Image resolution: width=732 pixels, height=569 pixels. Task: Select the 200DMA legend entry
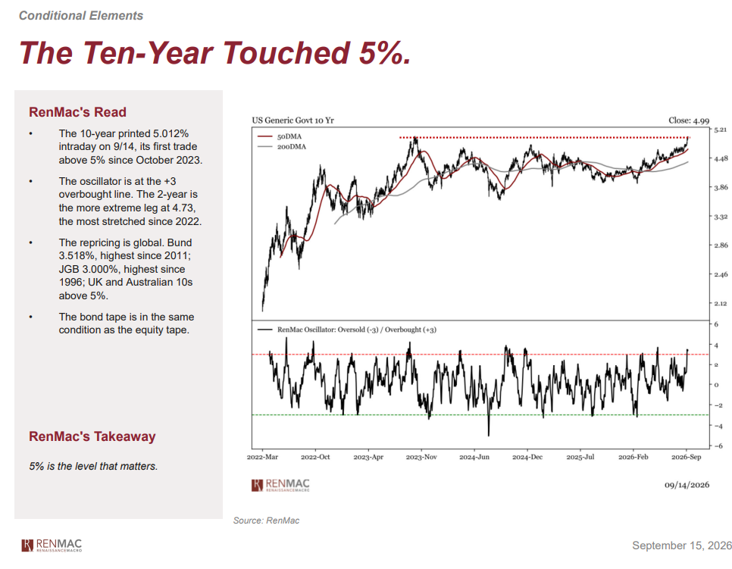(x=282, y=146)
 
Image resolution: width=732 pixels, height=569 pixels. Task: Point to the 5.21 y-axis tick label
(x=721, y=130)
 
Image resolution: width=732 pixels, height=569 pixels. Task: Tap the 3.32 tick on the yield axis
(x=721, y=217)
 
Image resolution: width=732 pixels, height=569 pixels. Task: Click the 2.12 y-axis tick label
(x=721, y=303)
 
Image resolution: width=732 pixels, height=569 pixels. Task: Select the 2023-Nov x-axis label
(x=421, y=457)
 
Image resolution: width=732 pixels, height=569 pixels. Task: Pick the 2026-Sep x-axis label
(x=687, y=457)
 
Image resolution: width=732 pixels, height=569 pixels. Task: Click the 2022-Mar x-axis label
(x=262, y=457)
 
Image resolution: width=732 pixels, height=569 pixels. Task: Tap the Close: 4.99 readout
(x=689, y=120)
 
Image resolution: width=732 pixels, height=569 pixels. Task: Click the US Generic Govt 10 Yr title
(x=293, y=120)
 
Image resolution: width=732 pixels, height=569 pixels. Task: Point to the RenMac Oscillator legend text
(x=357, y=330)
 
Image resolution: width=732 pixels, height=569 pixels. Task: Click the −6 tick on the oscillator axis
(x=718, y=446)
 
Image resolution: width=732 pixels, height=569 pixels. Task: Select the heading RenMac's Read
(x=77, y=112)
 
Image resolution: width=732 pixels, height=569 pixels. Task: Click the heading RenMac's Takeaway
(x=92, y=436)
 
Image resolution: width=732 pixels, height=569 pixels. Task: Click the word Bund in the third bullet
(x=179, y=242)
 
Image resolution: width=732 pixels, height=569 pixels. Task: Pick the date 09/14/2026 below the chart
(x=687, y=485)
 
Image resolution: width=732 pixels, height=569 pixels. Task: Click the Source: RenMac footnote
(x=266, y=521)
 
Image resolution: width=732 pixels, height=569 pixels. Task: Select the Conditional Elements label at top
(x=81, y=15)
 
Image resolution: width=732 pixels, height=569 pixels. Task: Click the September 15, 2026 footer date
(x=681, y=546)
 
